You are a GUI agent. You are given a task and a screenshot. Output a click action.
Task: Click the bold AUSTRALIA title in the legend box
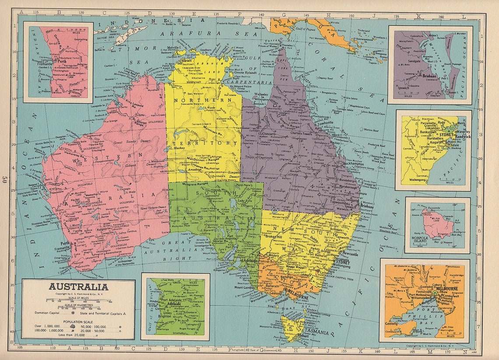tap(78, 287)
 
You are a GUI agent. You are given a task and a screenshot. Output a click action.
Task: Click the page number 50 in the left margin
tap(5, 180)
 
